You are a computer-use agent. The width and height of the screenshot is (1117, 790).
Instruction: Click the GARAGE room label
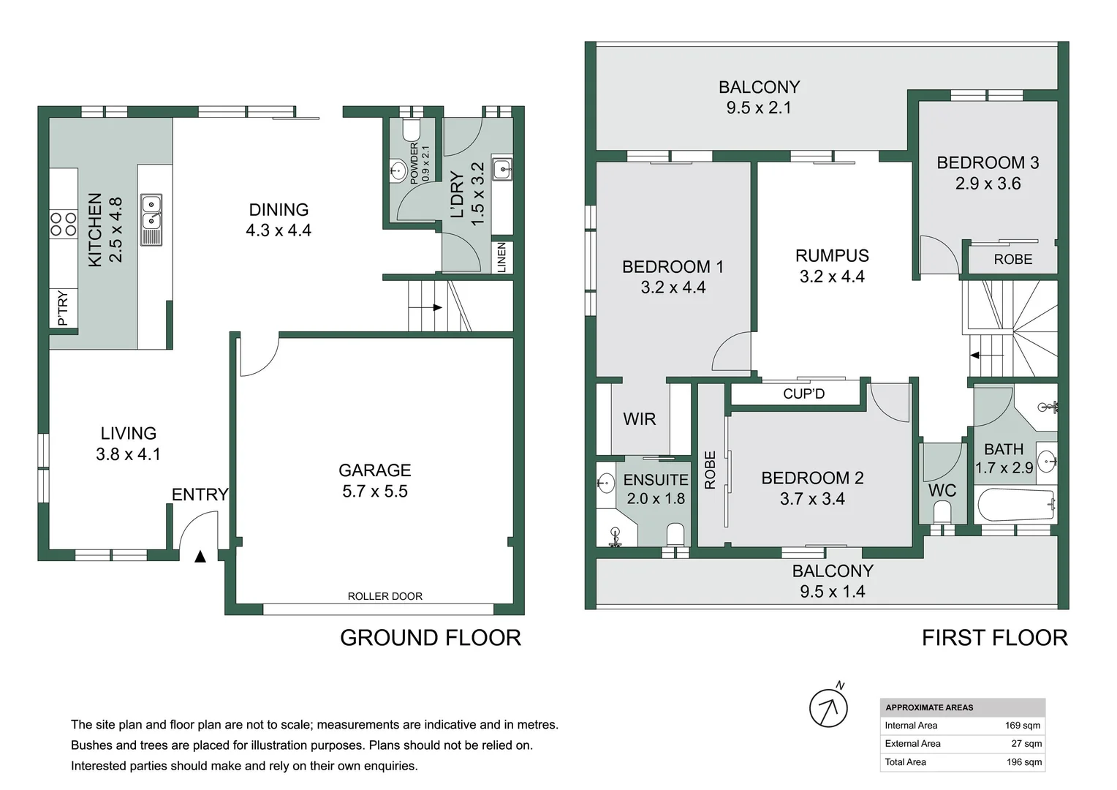[374, 470]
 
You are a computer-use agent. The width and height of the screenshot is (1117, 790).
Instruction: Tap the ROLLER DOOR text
[385, 596]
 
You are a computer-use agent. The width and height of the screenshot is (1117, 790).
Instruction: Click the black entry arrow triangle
[200, 557]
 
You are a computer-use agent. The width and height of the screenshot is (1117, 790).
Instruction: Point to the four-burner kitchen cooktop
[63, 224]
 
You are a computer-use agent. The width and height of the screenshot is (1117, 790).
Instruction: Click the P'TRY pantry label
[63, 308]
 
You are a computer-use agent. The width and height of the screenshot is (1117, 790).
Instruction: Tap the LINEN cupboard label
[501, 257]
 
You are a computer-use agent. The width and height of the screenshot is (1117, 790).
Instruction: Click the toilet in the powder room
[412, 130]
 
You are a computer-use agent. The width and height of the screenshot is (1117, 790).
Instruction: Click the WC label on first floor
[942, 490]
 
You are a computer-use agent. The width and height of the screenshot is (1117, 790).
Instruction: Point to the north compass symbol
[828, 707]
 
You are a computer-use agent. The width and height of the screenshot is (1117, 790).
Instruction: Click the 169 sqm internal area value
[1022, 726]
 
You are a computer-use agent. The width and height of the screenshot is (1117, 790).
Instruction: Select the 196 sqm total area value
[1023, 762]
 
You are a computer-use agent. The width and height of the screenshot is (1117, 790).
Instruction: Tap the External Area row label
[912, 744]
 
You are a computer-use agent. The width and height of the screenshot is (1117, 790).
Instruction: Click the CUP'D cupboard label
[803, 394]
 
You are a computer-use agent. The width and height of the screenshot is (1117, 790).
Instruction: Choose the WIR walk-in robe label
[639, 419]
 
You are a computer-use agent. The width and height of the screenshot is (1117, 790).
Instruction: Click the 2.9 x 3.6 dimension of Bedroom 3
[988, 184]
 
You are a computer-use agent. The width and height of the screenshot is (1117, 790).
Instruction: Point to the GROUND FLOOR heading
[431, 638]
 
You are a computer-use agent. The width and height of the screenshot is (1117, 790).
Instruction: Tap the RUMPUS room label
[832, 256]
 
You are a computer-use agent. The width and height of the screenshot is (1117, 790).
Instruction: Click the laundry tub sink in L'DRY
[502, 168]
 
